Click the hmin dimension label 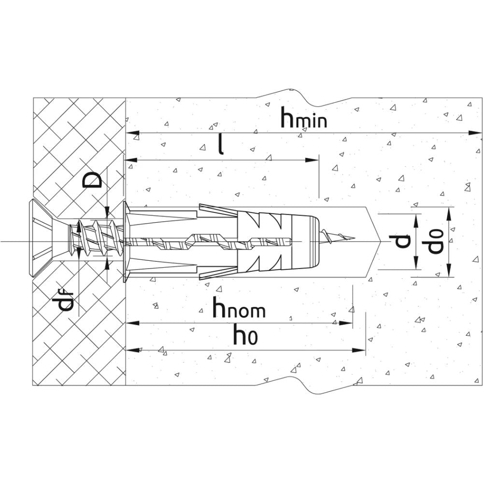coord(305,119)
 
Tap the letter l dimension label coord(221,144)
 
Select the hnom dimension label coord(240,309)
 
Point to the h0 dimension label coord(245,335)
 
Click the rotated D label coord(93,179)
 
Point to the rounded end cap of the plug coord(312,240)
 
